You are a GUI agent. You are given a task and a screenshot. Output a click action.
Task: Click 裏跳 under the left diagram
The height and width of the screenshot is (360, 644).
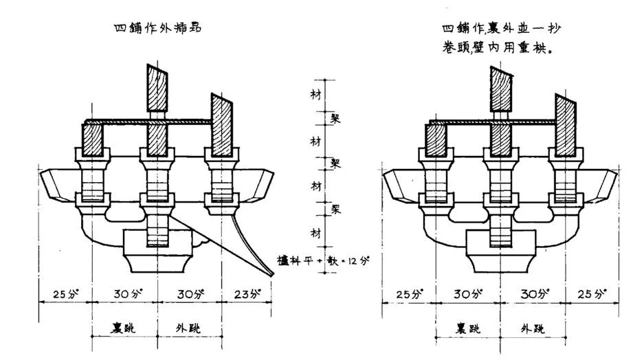pyautogui.click(x=124, y=327)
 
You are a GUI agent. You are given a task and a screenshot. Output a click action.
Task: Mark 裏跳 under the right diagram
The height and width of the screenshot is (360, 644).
pyautogui.click(x=468, y=327)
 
